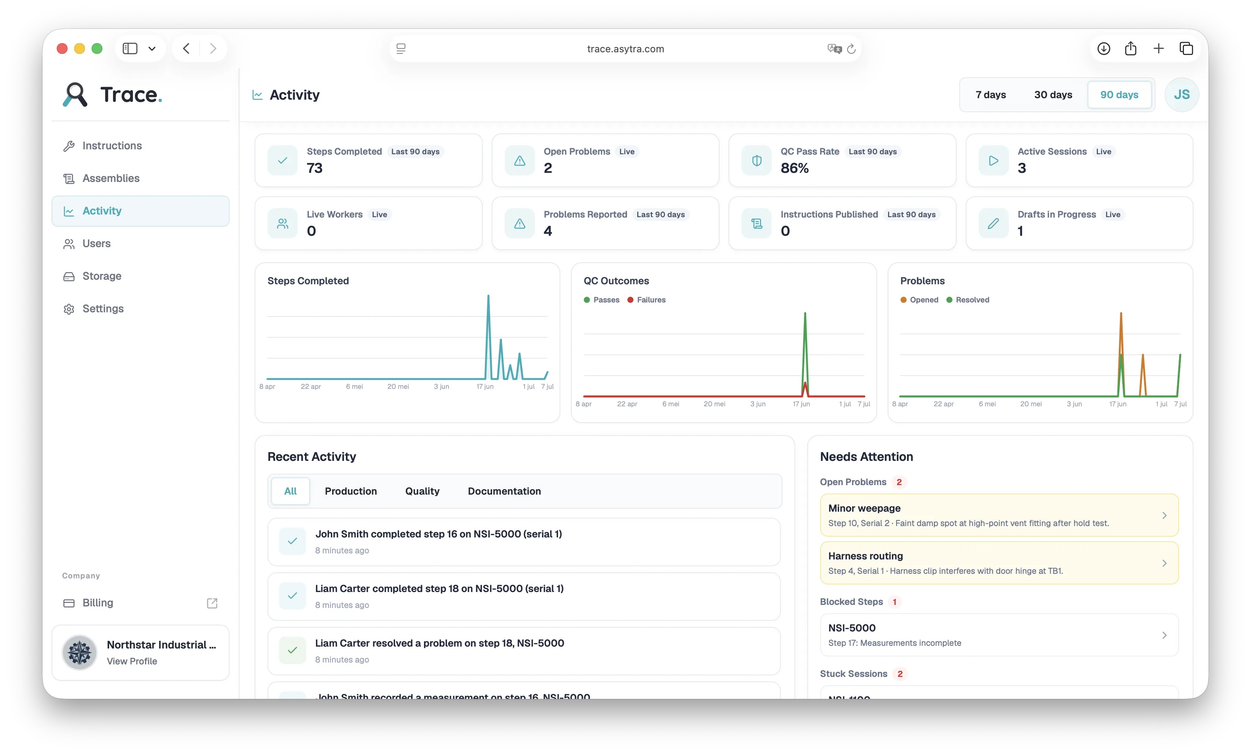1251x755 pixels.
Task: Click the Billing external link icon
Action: [x=212, y=603]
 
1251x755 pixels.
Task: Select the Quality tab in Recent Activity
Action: [x=422, y=491]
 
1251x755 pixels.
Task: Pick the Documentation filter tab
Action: [x=504, y=491]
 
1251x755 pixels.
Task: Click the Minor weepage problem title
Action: [x=864, y=508]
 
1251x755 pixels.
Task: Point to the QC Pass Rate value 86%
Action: [x=794, y=168]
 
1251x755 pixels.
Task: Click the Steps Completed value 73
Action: [x=314, y=168]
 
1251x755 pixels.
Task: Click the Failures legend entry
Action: [x=646, y=300]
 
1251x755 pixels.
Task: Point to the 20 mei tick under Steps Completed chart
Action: [x=398, y=387]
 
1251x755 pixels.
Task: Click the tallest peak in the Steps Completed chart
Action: [x=488, y=296]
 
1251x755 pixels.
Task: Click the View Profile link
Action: [x=132, y=661]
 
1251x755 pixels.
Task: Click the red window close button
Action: [x=62, y=49]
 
